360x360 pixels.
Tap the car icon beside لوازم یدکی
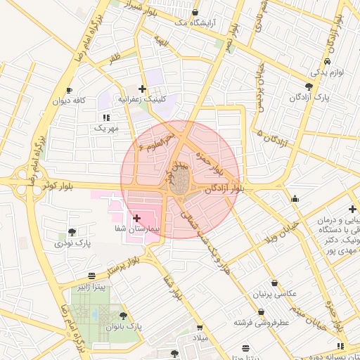tap(328, 61)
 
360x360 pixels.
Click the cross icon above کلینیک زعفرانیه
tap(143, 89)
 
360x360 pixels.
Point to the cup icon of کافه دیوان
tap(69, 90)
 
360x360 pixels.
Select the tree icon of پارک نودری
tap(72, 232)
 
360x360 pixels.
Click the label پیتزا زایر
tap(92, 287)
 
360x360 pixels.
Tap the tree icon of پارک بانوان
tap(124, 316)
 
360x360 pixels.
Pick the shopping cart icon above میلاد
tap(200, 328)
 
